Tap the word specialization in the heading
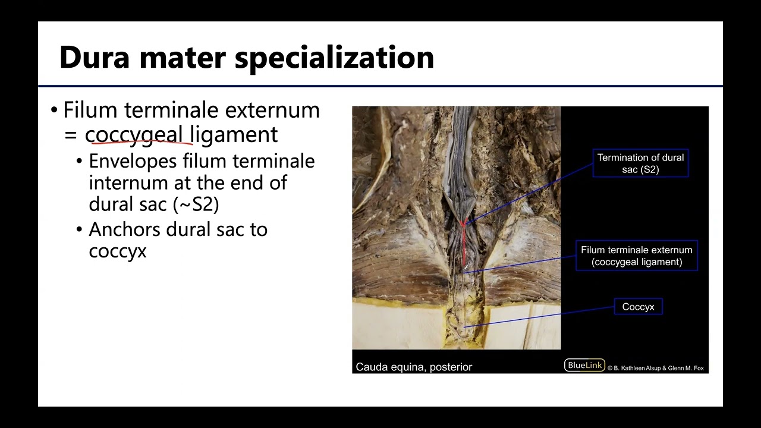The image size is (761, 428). click(335, 58)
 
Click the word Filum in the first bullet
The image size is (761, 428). click(87, 110)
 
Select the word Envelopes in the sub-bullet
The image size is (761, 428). click(133, 161)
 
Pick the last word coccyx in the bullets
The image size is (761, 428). click(117, 251)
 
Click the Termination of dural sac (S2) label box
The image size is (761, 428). click(640, 163)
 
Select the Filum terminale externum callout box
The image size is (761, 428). click(637, 256)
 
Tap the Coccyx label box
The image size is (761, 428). click(638, 307)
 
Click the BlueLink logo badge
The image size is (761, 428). click(584, 366)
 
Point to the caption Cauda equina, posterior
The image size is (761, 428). click(414, 367)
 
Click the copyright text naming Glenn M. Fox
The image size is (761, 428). click(656, 368)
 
